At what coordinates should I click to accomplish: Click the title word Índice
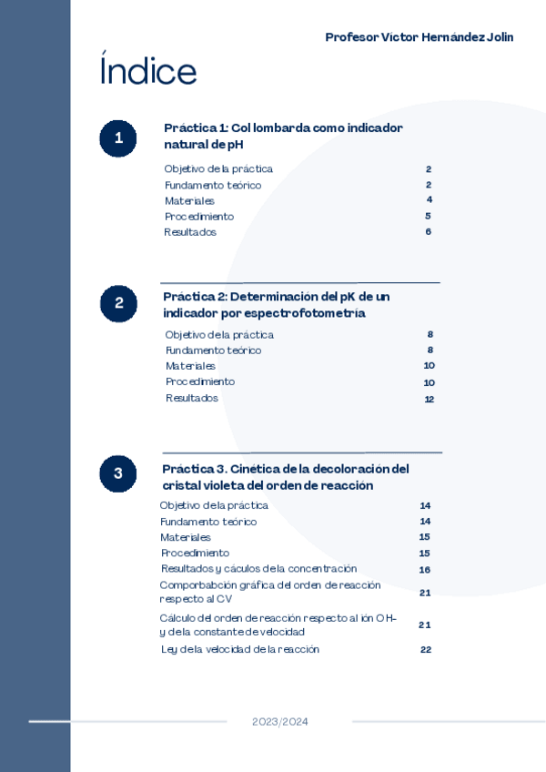[x=147, y=71]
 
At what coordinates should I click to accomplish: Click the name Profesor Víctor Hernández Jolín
[x=419, y=37]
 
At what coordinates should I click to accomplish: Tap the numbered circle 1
[x=118, y=138]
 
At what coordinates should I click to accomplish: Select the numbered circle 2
[x=118, y=304]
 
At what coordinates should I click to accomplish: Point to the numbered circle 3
[x=118, y=473]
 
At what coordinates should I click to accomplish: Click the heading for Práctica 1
[x=283, y=137]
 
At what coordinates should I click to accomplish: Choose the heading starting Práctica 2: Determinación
[x=276, y=305]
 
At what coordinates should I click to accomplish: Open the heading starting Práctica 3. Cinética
[x=285, y=477]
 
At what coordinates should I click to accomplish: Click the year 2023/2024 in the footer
[x=280, y=722]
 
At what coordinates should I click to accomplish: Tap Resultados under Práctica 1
[x=190, y=232]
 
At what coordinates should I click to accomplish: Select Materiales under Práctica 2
[x=190, y=366]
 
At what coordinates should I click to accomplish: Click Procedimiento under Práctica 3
[x=195, y=553]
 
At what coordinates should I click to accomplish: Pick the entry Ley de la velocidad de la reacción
[x=240, y=649]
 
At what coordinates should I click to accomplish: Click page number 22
[x=425, y=649]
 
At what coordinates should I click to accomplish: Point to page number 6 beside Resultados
[x=428, y=232]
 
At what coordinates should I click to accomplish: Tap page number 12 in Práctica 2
[x=429, y=399]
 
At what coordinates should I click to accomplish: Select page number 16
[x=424, y=570]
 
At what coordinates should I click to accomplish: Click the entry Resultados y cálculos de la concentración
[x=258, y=569]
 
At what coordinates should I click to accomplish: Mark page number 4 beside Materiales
[x=429, y=200]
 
